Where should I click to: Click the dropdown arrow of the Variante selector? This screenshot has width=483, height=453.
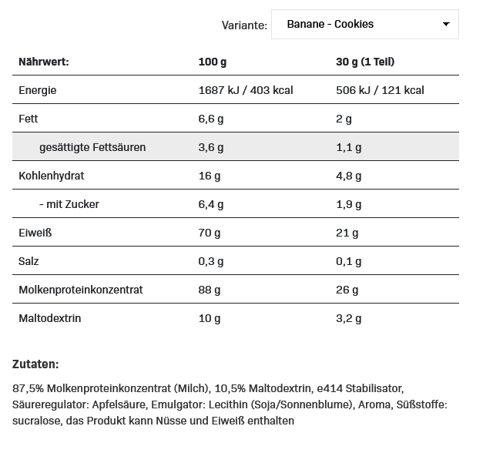[x=446, y=25]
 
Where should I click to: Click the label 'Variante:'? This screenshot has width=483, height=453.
[x=244, y=25]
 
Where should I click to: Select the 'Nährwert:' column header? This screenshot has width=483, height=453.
[x=44, y=62]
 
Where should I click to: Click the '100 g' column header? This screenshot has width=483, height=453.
[x=213, y=62]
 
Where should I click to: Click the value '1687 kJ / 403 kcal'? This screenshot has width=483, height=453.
[x=246, y=90]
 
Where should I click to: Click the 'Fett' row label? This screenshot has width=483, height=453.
[x=29, y=119]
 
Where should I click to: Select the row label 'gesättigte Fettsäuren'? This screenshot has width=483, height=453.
[x=92, y=147]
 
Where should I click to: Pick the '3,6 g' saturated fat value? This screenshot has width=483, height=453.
[x=211, y=147]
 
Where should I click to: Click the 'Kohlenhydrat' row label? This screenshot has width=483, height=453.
[x=52, y=176]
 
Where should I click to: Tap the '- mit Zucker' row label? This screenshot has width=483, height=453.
[x=69, y=204]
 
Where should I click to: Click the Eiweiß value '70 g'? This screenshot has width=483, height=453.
[x=210, y=233]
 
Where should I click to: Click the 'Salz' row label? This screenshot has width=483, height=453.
[x=29, y=261]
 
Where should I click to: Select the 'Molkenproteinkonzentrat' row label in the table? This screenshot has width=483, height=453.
[x=81, y=290]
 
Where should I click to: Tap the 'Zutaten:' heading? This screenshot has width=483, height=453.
[x=36, y=364]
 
